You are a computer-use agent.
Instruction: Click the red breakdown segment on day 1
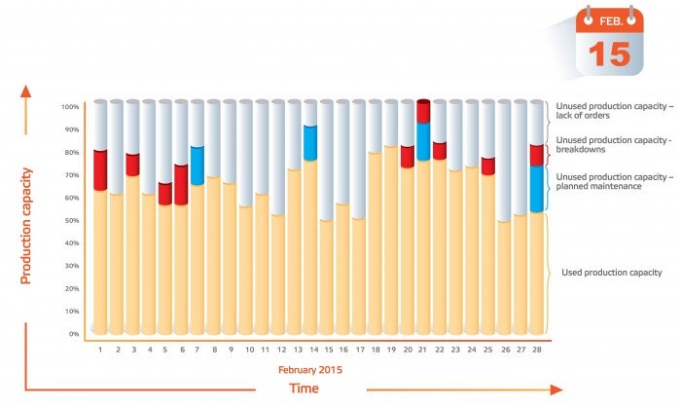100,170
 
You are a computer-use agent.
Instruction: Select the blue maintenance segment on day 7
197,166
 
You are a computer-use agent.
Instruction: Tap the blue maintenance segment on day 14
310,143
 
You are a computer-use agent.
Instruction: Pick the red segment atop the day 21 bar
423,111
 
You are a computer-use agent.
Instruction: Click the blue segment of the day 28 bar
536,189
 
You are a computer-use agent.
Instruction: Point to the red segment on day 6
181,185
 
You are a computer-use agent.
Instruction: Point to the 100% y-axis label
70,107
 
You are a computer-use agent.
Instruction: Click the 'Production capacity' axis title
27,226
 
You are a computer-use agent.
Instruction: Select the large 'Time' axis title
304,388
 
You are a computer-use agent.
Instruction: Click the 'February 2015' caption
310,369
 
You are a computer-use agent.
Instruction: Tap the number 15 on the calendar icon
609,53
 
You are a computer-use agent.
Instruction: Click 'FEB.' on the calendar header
609,20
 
